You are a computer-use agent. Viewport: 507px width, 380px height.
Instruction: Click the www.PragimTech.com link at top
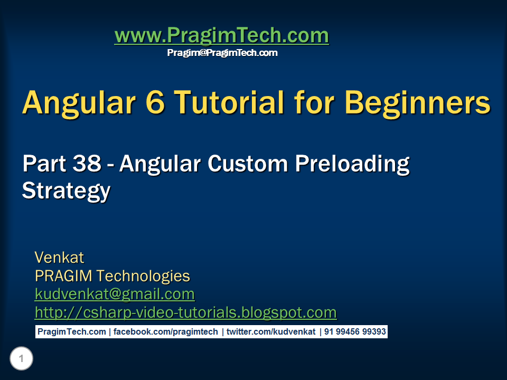[222, 35]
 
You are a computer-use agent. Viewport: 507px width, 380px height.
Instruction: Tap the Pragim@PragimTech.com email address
[222, 53]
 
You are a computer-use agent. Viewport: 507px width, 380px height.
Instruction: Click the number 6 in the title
[155, 102]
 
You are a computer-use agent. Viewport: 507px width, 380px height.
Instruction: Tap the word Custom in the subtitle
[248, 163]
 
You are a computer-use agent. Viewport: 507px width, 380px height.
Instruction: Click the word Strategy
[67, 191]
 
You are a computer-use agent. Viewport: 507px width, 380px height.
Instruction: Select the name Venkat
[60, 258]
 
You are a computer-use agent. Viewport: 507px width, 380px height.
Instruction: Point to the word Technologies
[143, 276]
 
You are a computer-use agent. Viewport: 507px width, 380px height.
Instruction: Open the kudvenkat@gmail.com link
[115, 294]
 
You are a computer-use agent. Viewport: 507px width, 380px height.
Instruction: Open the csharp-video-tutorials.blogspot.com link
[185, 312]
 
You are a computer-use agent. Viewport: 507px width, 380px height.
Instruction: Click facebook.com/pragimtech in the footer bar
[165, 332]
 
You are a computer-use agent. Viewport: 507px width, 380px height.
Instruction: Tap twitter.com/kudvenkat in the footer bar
[271, 332]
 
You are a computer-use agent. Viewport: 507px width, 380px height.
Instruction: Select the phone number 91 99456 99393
[355, 332]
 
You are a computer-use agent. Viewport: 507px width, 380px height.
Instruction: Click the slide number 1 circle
[21, 358]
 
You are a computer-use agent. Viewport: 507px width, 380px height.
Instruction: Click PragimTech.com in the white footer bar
[72, 332]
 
